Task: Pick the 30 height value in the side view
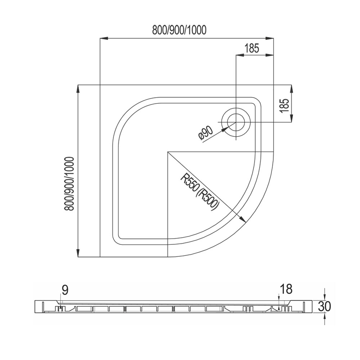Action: pos(325,306)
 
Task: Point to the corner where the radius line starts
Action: pos(168,152)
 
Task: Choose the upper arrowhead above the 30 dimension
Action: pos(325,296)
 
